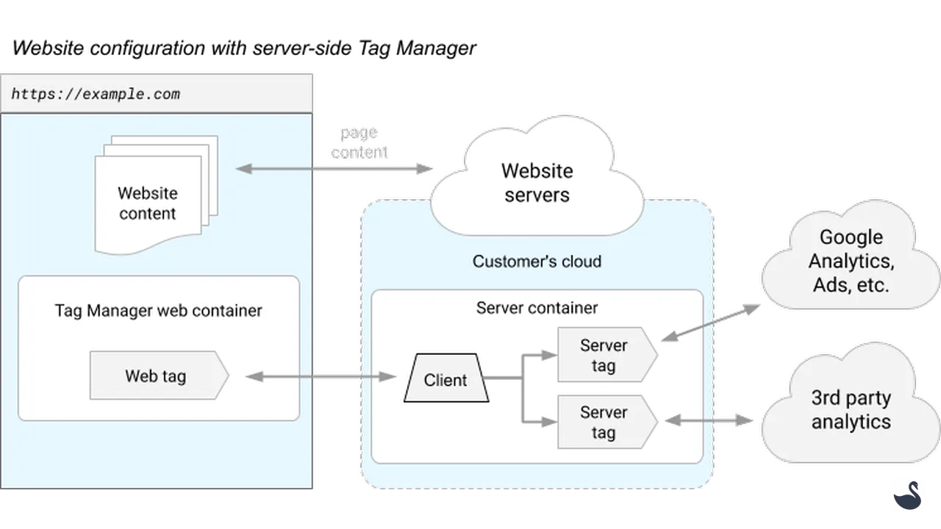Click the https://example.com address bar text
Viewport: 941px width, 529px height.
coord(96,94)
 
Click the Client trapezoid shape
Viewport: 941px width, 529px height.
coord(446,378)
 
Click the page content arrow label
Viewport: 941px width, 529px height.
coord(359,143)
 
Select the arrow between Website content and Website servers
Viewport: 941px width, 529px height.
coord(335,169)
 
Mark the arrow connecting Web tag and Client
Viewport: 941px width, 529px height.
coord(321,376)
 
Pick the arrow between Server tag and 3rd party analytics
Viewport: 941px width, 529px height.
coord(710,420)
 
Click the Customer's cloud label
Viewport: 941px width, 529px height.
coord(537,262)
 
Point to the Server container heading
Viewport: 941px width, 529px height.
coord(537,308)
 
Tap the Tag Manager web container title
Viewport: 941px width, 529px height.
coord(158,311)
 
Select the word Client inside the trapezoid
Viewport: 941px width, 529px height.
coord(446,380)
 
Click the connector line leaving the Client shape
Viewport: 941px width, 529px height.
coord(504,378)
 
